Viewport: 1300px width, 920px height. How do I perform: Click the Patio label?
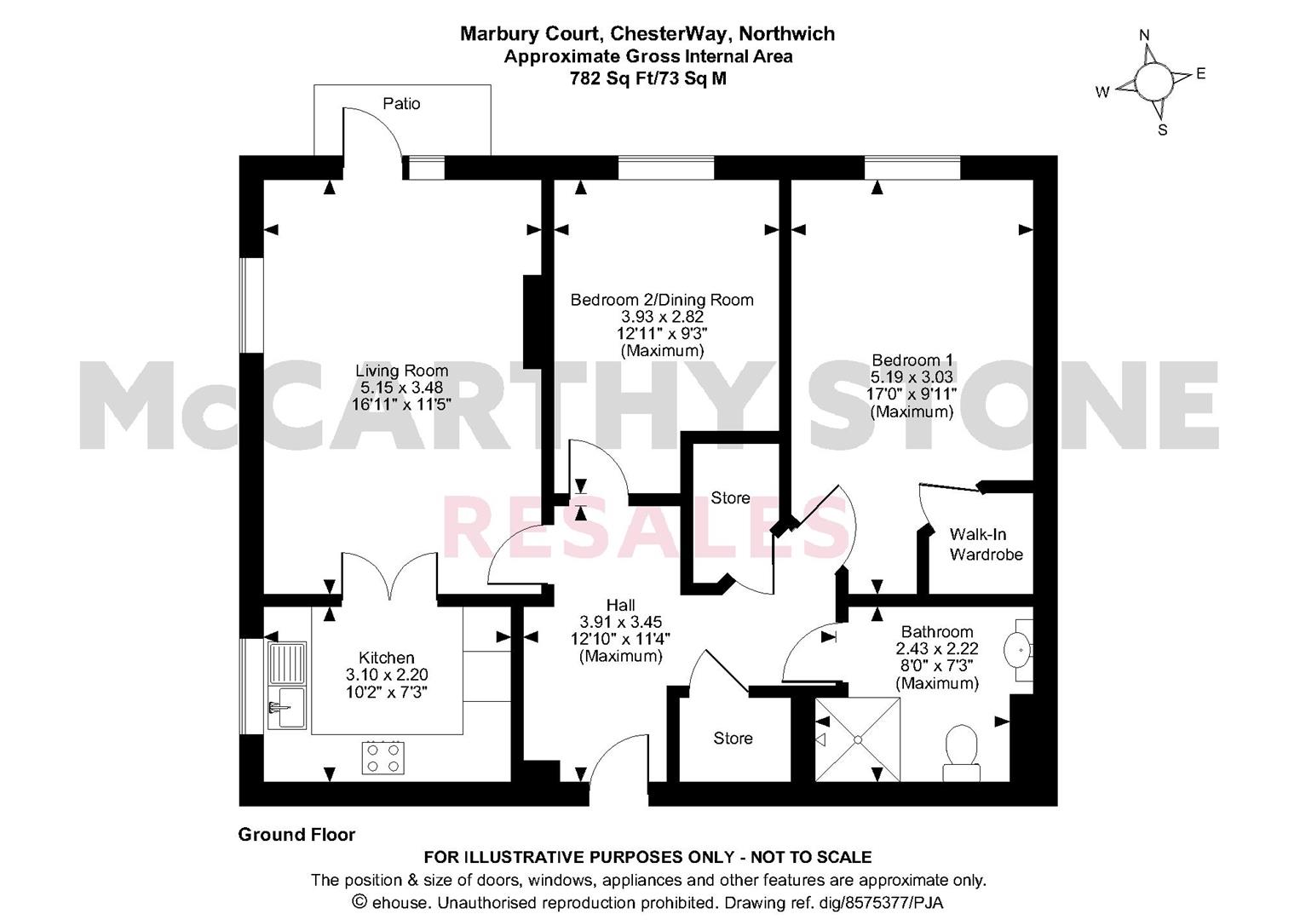pos(401,104)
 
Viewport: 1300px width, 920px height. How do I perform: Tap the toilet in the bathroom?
pos(962,752)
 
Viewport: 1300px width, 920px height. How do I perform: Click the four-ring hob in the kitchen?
pos(383,757)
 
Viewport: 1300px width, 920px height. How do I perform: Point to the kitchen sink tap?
pos(279,708)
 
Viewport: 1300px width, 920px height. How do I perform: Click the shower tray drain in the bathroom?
pos(857,739)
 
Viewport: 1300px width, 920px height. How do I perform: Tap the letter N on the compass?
pos(1144,36)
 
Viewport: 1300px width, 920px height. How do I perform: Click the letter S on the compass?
pos(1163,130)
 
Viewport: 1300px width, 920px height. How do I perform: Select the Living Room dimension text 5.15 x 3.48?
pos(401,387)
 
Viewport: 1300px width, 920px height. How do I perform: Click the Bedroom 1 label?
pos(912,359)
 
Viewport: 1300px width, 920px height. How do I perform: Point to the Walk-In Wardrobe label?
pos(986,543)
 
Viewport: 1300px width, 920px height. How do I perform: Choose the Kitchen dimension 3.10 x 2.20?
pos(387,675)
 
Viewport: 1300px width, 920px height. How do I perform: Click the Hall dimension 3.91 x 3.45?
pos(620,622)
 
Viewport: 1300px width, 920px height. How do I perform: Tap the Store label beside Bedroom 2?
pos(730,498)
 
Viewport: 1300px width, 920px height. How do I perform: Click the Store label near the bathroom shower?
pos(733,739)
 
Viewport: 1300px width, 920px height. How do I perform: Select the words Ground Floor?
pos(296,835)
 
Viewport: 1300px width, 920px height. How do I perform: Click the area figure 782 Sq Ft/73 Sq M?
pos(647,78)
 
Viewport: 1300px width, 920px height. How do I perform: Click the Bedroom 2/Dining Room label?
pos(662,300)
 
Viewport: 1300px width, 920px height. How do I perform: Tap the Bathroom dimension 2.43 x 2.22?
pos(937,647)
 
